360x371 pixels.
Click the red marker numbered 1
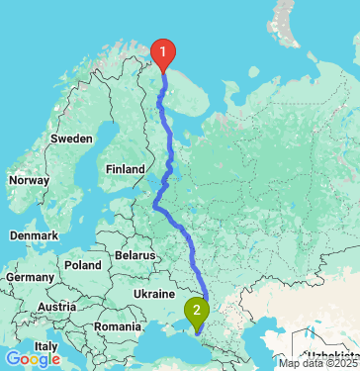(163, 51)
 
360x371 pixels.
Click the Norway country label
(28, 181)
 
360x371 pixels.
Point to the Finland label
(126, 169)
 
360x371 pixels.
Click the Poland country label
(83, 265)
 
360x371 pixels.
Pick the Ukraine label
(153, 294)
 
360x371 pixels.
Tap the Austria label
(57, 307)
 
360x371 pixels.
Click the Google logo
(32, 359)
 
